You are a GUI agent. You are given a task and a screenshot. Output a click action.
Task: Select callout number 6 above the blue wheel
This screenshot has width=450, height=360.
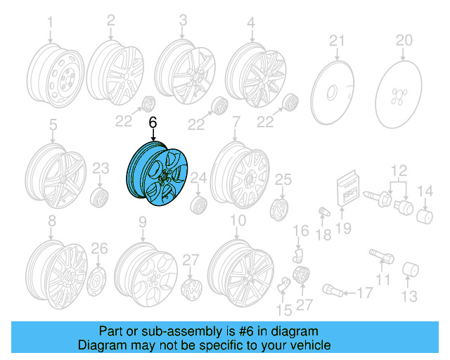153,122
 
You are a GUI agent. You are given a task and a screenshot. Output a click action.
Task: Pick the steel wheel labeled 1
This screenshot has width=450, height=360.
53,79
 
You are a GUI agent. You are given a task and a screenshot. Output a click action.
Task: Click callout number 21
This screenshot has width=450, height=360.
337,39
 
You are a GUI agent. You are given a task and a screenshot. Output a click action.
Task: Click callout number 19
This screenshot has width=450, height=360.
343,227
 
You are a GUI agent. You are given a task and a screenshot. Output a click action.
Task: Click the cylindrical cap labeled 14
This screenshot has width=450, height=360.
425,214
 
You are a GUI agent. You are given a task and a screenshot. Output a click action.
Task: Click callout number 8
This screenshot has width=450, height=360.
51,222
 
